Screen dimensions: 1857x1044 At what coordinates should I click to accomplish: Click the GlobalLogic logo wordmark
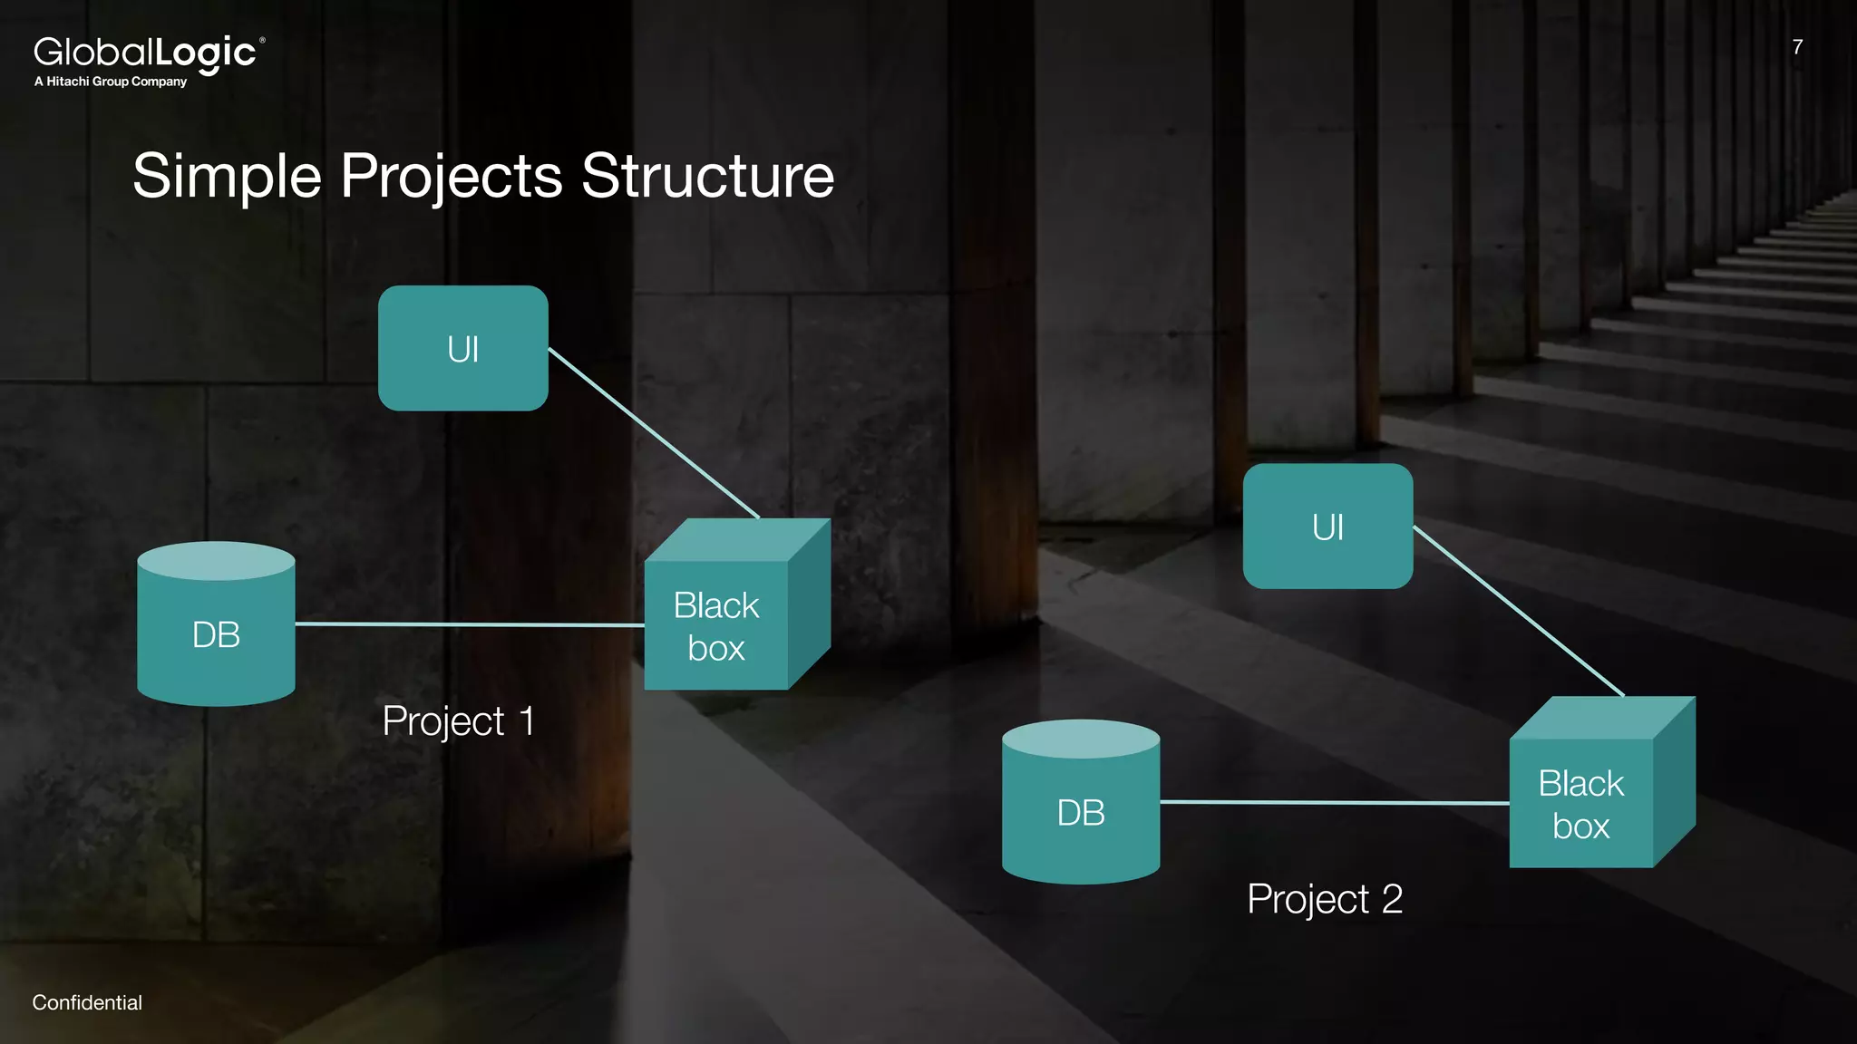(x=145, y=53)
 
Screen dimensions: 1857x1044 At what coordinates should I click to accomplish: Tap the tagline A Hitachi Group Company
(x=111, y=82)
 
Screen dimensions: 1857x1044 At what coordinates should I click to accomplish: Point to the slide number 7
(x=1797, y=47)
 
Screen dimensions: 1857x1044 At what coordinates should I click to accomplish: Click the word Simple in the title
(x=227, y=176)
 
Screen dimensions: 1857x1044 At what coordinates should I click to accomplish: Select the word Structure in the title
(x=707, y=176)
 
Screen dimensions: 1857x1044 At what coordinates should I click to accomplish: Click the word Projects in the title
(x=451, y=176)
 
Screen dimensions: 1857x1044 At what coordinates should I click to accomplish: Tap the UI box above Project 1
(x=462, y=349)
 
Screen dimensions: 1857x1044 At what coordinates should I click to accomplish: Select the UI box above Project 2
(x=1327, y=527)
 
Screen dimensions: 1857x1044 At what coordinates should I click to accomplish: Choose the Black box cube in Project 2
(x=1583, y=801)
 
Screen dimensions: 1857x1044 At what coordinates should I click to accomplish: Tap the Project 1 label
(x=458, y=722)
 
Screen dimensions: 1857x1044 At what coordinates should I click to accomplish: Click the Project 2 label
(x=1325, y=900)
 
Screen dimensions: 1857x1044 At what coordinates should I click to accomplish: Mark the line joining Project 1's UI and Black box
(x=653, y=432)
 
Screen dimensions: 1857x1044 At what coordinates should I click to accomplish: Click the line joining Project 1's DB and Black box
(x=470, y=624)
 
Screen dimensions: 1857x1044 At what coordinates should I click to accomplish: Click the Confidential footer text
(x=87, y=1003)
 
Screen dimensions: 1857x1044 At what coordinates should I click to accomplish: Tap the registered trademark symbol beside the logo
(x=263, y=40)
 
